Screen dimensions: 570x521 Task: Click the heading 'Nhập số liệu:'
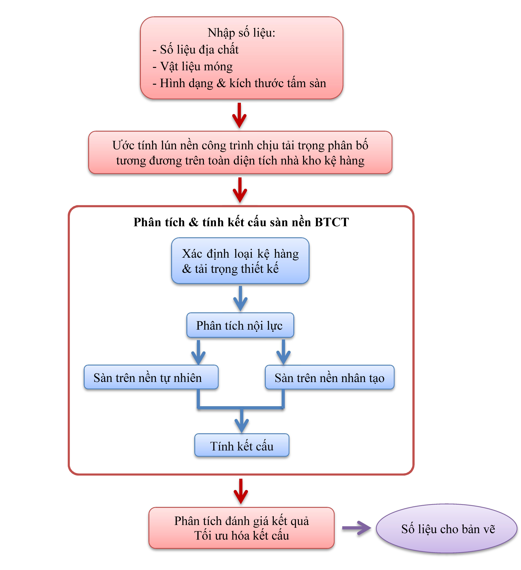click(241, 33)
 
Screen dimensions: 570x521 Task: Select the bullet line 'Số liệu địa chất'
click(199, 50)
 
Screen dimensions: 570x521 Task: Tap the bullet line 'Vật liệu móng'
click(196, 66)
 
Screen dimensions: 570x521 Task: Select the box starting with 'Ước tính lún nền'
click(240, 153)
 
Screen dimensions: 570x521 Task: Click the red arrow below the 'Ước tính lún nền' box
click(240, 190)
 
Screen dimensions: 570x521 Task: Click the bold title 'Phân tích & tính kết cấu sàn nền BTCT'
click(241, 222)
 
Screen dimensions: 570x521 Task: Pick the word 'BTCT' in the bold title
click(332, 222)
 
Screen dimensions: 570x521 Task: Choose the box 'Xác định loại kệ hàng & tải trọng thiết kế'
click(240, 261)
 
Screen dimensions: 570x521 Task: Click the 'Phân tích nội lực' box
click(240, 325)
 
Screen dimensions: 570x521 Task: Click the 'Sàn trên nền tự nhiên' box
click(151, 378)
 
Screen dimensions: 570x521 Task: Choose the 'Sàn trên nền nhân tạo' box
click(330, 378)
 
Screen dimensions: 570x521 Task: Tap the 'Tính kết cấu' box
click(242, 446)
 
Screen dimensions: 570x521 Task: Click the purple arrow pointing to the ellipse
click(356, 528)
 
